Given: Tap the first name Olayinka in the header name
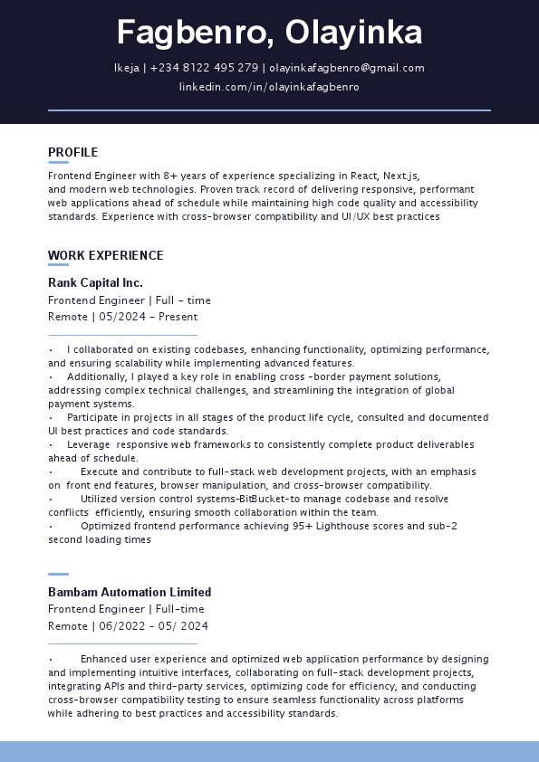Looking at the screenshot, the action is [354, 33].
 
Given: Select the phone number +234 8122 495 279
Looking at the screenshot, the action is [204, 68].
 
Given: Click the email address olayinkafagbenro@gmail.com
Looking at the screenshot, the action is [347, 68].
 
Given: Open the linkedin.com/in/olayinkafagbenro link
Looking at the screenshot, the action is [269, 87].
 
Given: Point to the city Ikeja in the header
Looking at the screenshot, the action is [126, 68].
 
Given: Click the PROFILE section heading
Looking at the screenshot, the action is [73, 152].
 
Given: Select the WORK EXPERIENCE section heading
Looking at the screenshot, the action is [106, 255].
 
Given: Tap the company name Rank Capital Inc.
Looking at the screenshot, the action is [95, 282].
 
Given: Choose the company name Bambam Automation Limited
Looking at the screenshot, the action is [130, 592].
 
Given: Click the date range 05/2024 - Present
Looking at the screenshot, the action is [149, 317].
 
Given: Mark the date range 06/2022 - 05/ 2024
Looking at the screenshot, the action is [154, 626].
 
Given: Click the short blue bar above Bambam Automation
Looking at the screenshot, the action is [58, 574].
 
